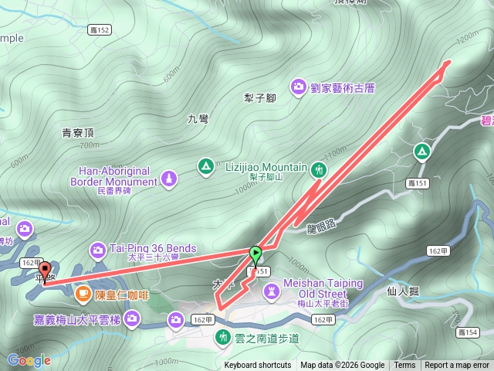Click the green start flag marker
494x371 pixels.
pos(255,253)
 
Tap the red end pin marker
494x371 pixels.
pos(43,267)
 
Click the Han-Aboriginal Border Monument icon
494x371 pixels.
pos(169,179)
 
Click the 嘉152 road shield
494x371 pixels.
pos(100,30)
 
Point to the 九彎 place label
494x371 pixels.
pos(198,119)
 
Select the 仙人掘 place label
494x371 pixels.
pos(402,291)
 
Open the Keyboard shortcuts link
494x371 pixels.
pos(258,366)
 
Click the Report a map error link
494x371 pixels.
pos(457,366)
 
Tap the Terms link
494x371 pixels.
pos(404,366)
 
